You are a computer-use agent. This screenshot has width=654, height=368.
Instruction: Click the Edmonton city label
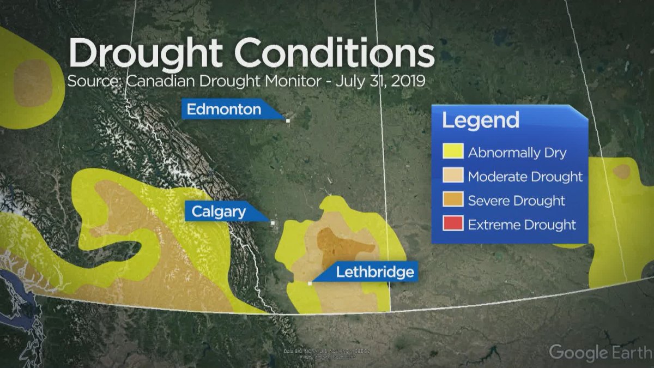223,110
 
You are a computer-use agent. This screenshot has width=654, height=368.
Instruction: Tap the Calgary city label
219,211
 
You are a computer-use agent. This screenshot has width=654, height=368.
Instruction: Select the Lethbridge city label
374,272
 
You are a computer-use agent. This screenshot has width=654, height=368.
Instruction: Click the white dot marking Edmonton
288,120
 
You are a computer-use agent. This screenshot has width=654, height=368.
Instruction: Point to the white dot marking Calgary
272,222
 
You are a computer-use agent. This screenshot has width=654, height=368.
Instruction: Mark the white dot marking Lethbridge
310,283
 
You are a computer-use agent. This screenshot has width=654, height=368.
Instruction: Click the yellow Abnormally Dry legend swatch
453,152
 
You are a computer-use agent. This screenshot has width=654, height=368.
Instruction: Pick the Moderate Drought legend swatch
453,176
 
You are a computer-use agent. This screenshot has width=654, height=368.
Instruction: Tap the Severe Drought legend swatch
453,200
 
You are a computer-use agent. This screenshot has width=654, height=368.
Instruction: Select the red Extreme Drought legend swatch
453,224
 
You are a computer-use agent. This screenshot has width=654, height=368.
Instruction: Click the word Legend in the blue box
480,120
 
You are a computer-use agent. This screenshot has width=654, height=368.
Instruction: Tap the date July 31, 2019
380,82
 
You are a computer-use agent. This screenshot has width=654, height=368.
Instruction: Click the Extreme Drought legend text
522,224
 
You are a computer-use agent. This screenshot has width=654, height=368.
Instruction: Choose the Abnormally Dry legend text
517,153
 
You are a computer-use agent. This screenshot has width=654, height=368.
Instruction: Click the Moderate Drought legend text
525,177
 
